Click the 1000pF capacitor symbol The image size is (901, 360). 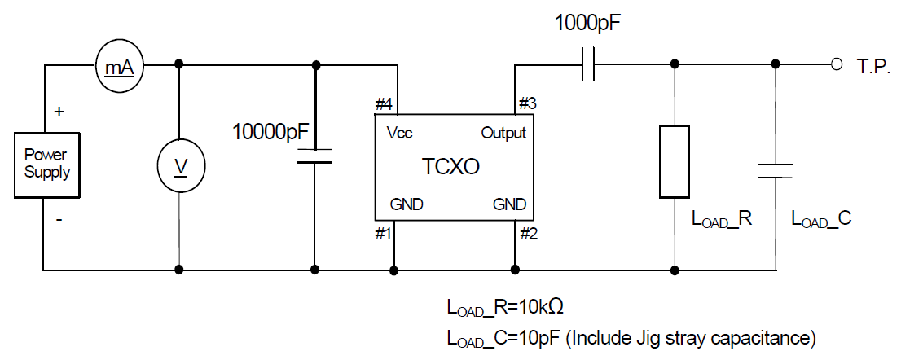590,64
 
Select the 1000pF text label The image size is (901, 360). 590,23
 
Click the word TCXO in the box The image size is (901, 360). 450,167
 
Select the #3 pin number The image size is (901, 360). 527,104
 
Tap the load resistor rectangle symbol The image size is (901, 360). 674,161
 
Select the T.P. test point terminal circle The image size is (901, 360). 834,65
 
